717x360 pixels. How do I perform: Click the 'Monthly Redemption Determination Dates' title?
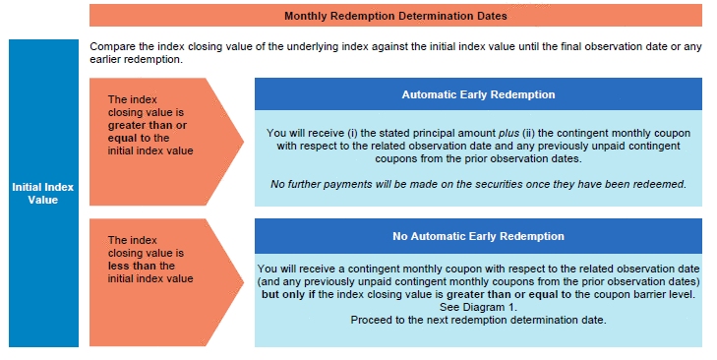[395, 16]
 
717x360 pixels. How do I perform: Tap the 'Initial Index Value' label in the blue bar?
[43, 194]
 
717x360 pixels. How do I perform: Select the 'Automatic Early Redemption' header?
[478, 94]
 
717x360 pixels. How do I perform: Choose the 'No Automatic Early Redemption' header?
[478, 236]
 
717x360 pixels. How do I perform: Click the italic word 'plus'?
[508, 134]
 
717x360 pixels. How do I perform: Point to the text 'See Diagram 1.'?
[478, 308]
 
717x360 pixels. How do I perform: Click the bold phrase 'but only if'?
[288, 294]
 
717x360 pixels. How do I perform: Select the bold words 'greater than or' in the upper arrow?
[148, 125]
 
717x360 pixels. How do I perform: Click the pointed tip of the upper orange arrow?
[243, 142]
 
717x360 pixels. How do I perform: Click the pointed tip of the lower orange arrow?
[243, 282]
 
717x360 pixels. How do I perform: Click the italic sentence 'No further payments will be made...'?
[478, 184]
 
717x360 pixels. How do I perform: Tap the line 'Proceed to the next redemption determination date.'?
[478, 321]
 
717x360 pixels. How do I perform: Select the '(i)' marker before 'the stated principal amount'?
[352, 134]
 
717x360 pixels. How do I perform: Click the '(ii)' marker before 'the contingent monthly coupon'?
[528, 134]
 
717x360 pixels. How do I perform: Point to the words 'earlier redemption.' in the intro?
[137, 59]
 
